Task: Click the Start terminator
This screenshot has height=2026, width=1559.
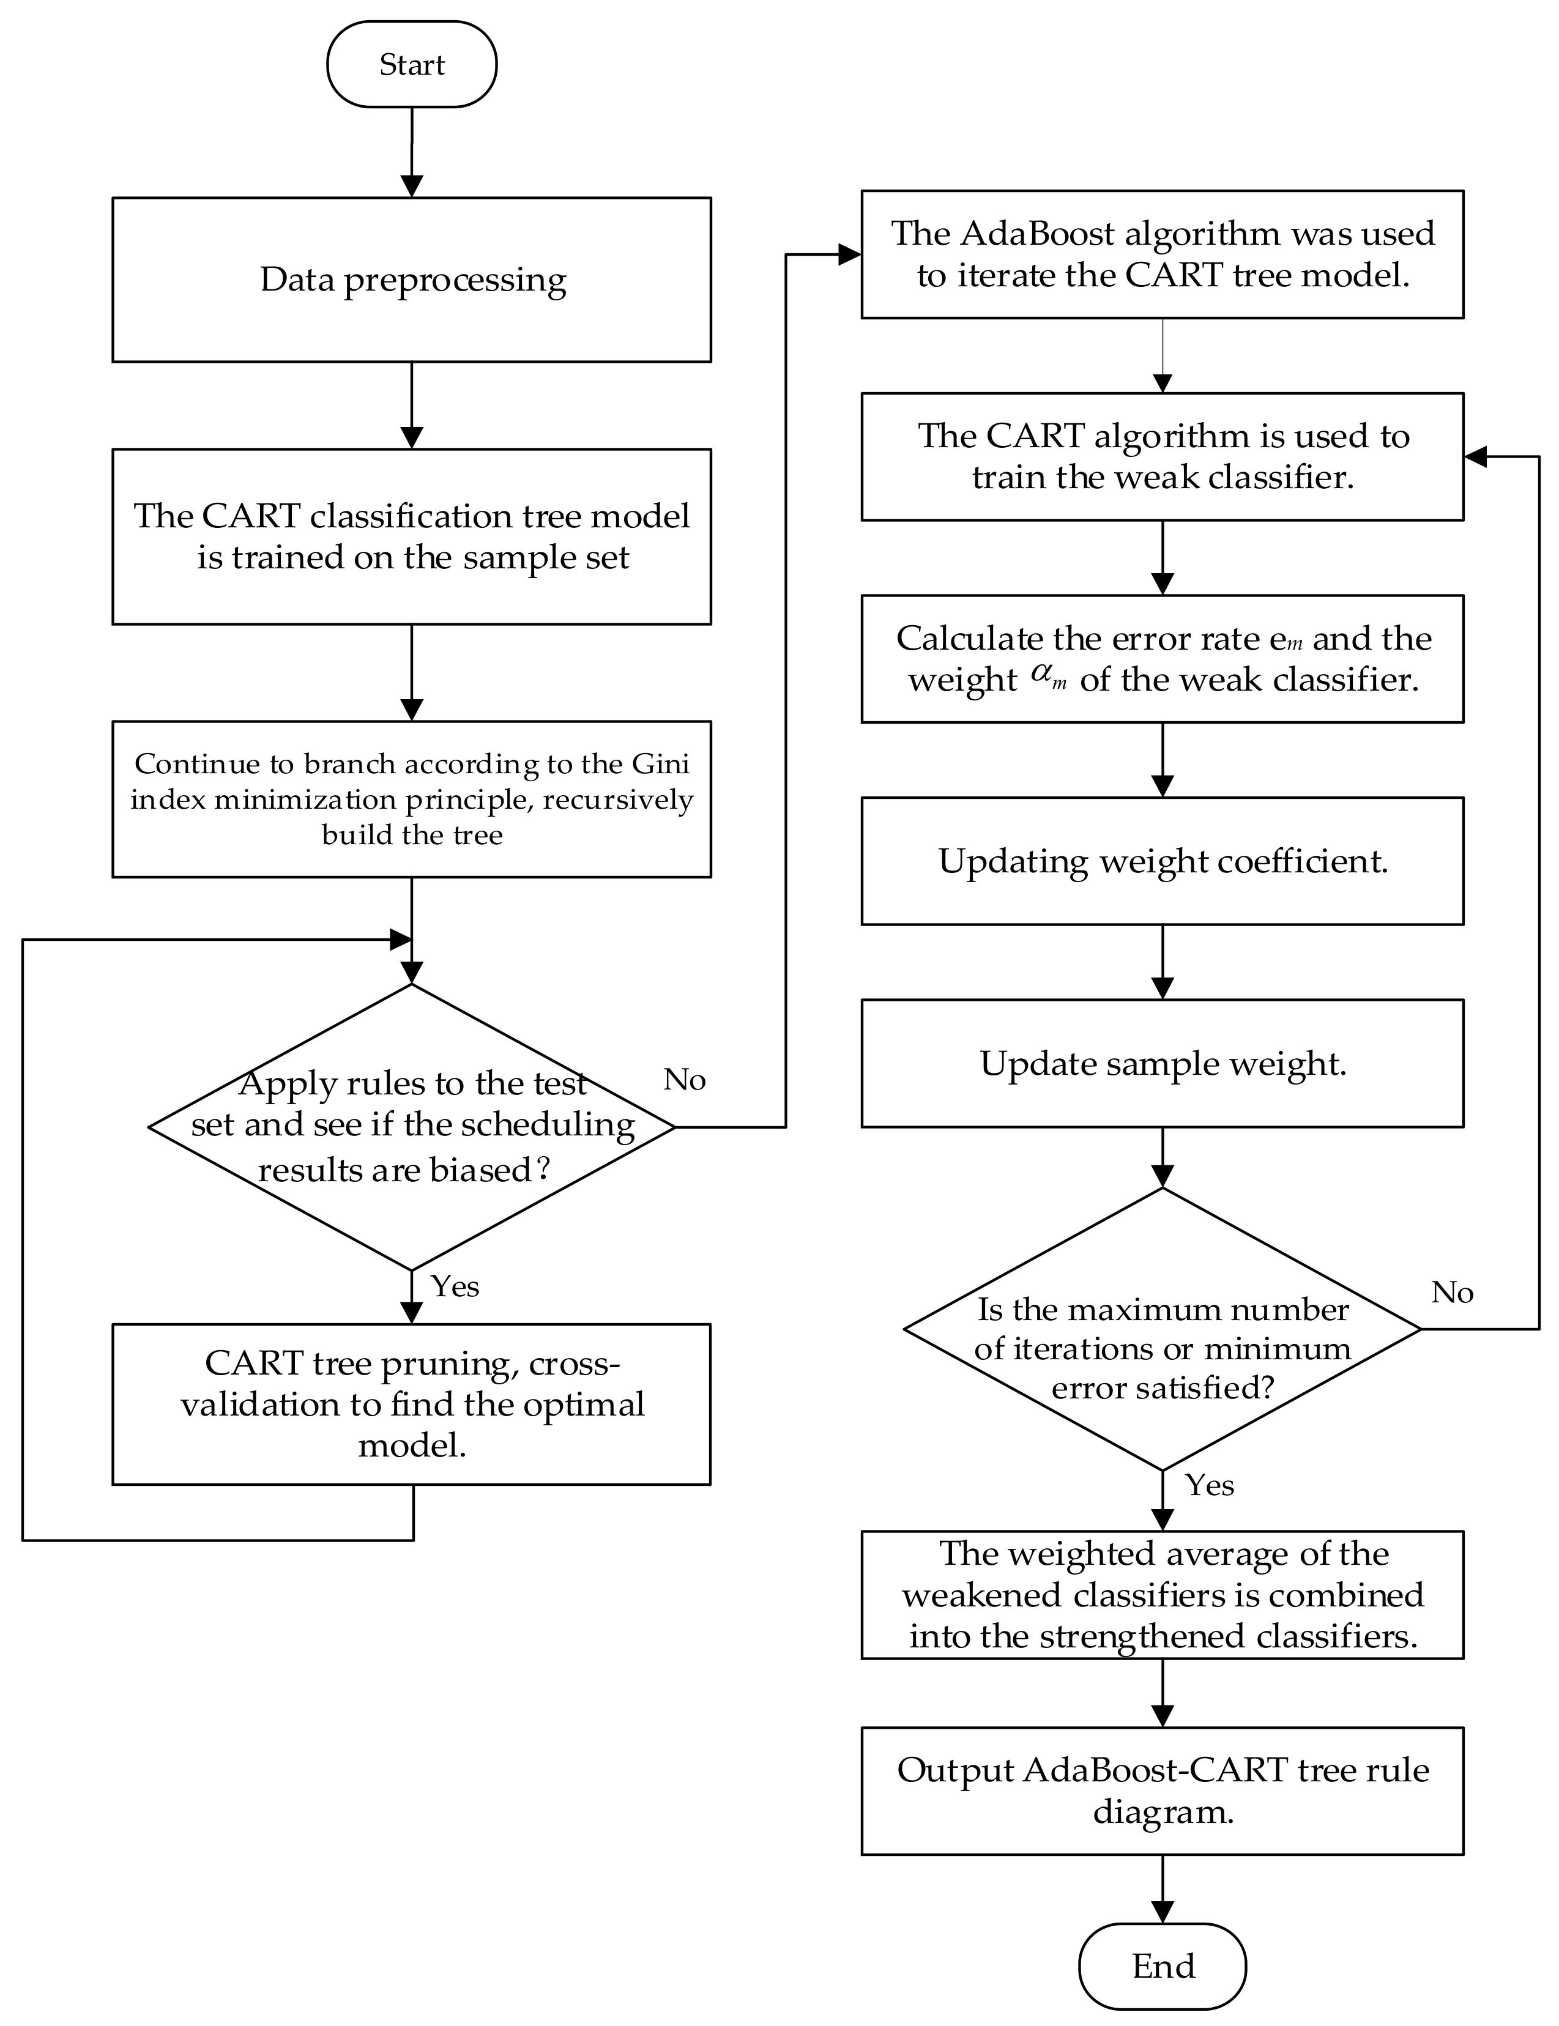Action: (x=411, y=65)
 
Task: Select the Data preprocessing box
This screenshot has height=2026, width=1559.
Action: (x=411, y=279)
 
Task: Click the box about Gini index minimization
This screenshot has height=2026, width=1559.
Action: (x=411, y=799)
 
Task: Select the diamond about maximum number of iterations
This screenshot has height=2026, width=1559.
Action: (x=1162, y=1329)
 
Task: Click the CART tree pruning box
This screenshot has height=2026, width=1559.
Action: (x=411, y=1403)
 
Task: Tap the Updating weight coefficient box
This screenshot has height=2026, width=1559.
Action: (x=1162, y=861)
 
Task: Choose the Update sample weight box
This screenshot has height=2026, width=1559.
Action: (x=1162, y=1063)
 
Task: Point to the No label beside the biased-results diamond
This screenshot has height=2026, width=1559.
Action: (x=685, y=1080)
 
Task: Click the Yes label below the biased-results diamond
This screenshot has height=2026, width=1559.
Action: (x=455, y=1286)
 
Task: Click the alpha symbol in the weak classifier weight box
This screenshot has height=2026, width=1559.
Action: (x=1043, y=677)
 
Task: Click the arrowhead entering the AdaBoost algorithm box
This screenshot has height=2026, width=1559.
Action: (x=849, y=254)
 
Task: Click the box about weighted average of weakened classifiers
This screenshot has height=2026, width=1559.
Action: (x=1162, y=1595)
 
